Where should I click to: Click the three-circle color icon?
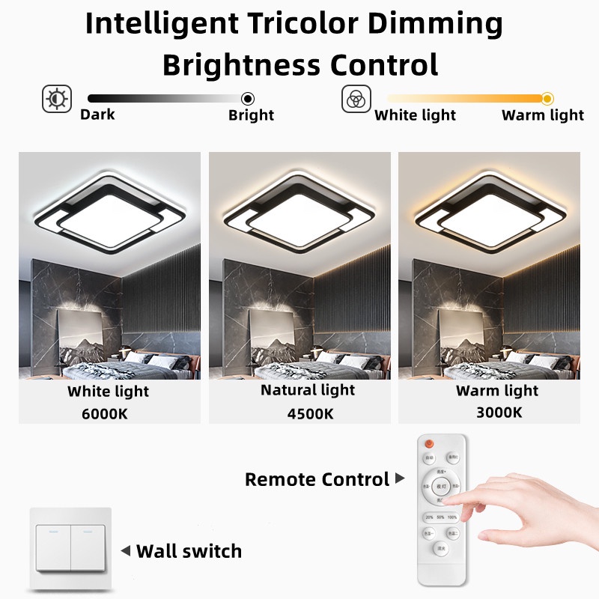[x=356, y=99]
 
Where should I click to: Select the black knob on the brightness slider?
[x=248, y=98]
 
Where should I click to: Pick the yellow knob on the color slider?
[x=547, y=98]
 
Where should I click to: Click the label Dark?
[x=97, y=115]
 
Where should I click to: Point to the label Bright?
[x=251, y=115]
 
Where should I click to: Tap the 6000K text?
[x=109, y=411]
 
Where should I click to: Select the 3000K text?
[x=499, y=411]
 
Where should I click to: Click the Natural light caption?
[x=308, y=389]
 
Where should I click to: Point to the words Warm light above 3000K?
[x=497, y=390]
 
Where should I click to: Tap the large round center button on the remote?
[x=441, y=486]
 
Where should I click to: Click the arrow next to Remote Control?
[x=400, y=478]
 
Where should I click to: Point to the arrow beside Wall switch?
[x=126, y=551]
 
